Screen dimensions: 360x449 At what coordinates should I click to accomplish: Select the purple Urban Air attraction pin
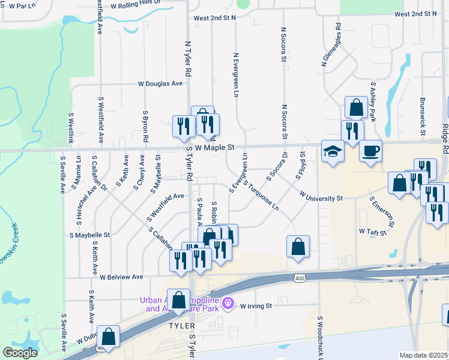(227, 304)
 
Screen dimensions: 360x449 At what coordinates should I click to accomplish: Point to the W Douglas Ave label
(160, 84)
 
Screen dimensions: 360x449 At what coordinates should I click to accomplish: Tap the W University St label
(321, 197)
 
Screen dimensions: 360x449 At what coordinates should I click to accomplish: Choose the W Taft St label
(370, 230)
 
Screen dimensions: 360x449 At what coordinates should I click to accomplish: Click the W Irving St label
(256, 306)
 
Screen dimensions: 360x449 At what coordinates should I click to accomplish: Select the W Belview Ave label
(121, 277)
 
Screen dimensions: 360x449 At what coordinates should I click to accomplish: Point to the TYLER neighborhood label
(181, 325)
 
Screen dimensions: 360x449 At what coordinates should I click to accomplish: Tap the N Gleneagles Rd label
(331, 44)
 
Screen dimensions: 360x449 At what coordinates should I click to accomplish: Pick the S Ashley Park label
(372, 102)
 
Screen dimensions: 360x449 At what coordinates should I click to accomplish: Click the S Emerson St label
(381, 211)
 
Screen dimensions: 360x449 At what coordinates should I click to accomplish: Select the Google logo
(20, 352)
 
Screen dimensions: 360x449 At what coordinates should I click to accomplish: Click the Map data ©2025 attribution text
(424, 355)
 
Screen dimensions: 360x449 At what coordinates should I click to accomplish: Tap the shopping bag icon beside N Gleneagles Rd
(356, 108)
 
